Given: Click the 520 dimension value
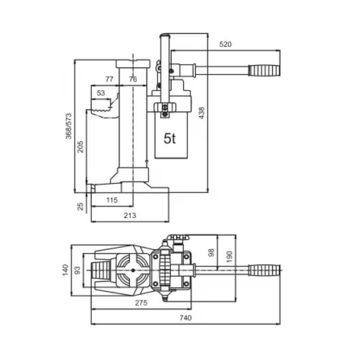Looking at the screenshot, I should pyautogui.click(x=226, y=44).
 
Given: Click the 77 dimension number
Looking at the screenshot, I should pyautogui.click(x=109, y=79).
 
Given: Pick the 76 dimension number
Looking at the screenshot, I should pyautogui.click(x=132, y=79).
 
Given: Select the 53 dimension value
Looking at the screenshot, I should pyautogui.click(x=101, y=93).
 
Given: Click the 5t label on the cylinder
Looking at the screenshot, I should pyautogui.click(x=170, y=139).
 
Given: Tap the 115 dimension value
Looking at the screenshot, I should pyautogui.click(x=112, y=199).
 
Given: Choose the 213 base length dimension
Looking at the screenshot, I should pyautogui.click(x=130, y=216).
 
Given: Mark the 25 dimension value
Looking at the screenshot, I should pyautogui.click(x=80, y=207).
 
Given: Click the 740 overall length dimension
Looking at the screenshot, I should pyautogui.click(x=185, y=318).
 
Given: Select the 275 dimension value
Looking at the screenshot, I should pyautogui.click(x=141, y=303).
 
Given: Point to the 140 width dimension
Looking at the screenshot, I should pyautogui.click(x=65, y=270).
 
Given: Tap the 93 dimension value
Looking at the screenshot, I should pyautogui.click(x=77, y=270).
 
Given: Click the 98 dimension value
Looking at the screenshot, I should pyautogui.click(x=211, y=253).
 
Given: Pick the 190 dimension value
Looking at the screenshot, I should pyautogui.click(x=229, y=256).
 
